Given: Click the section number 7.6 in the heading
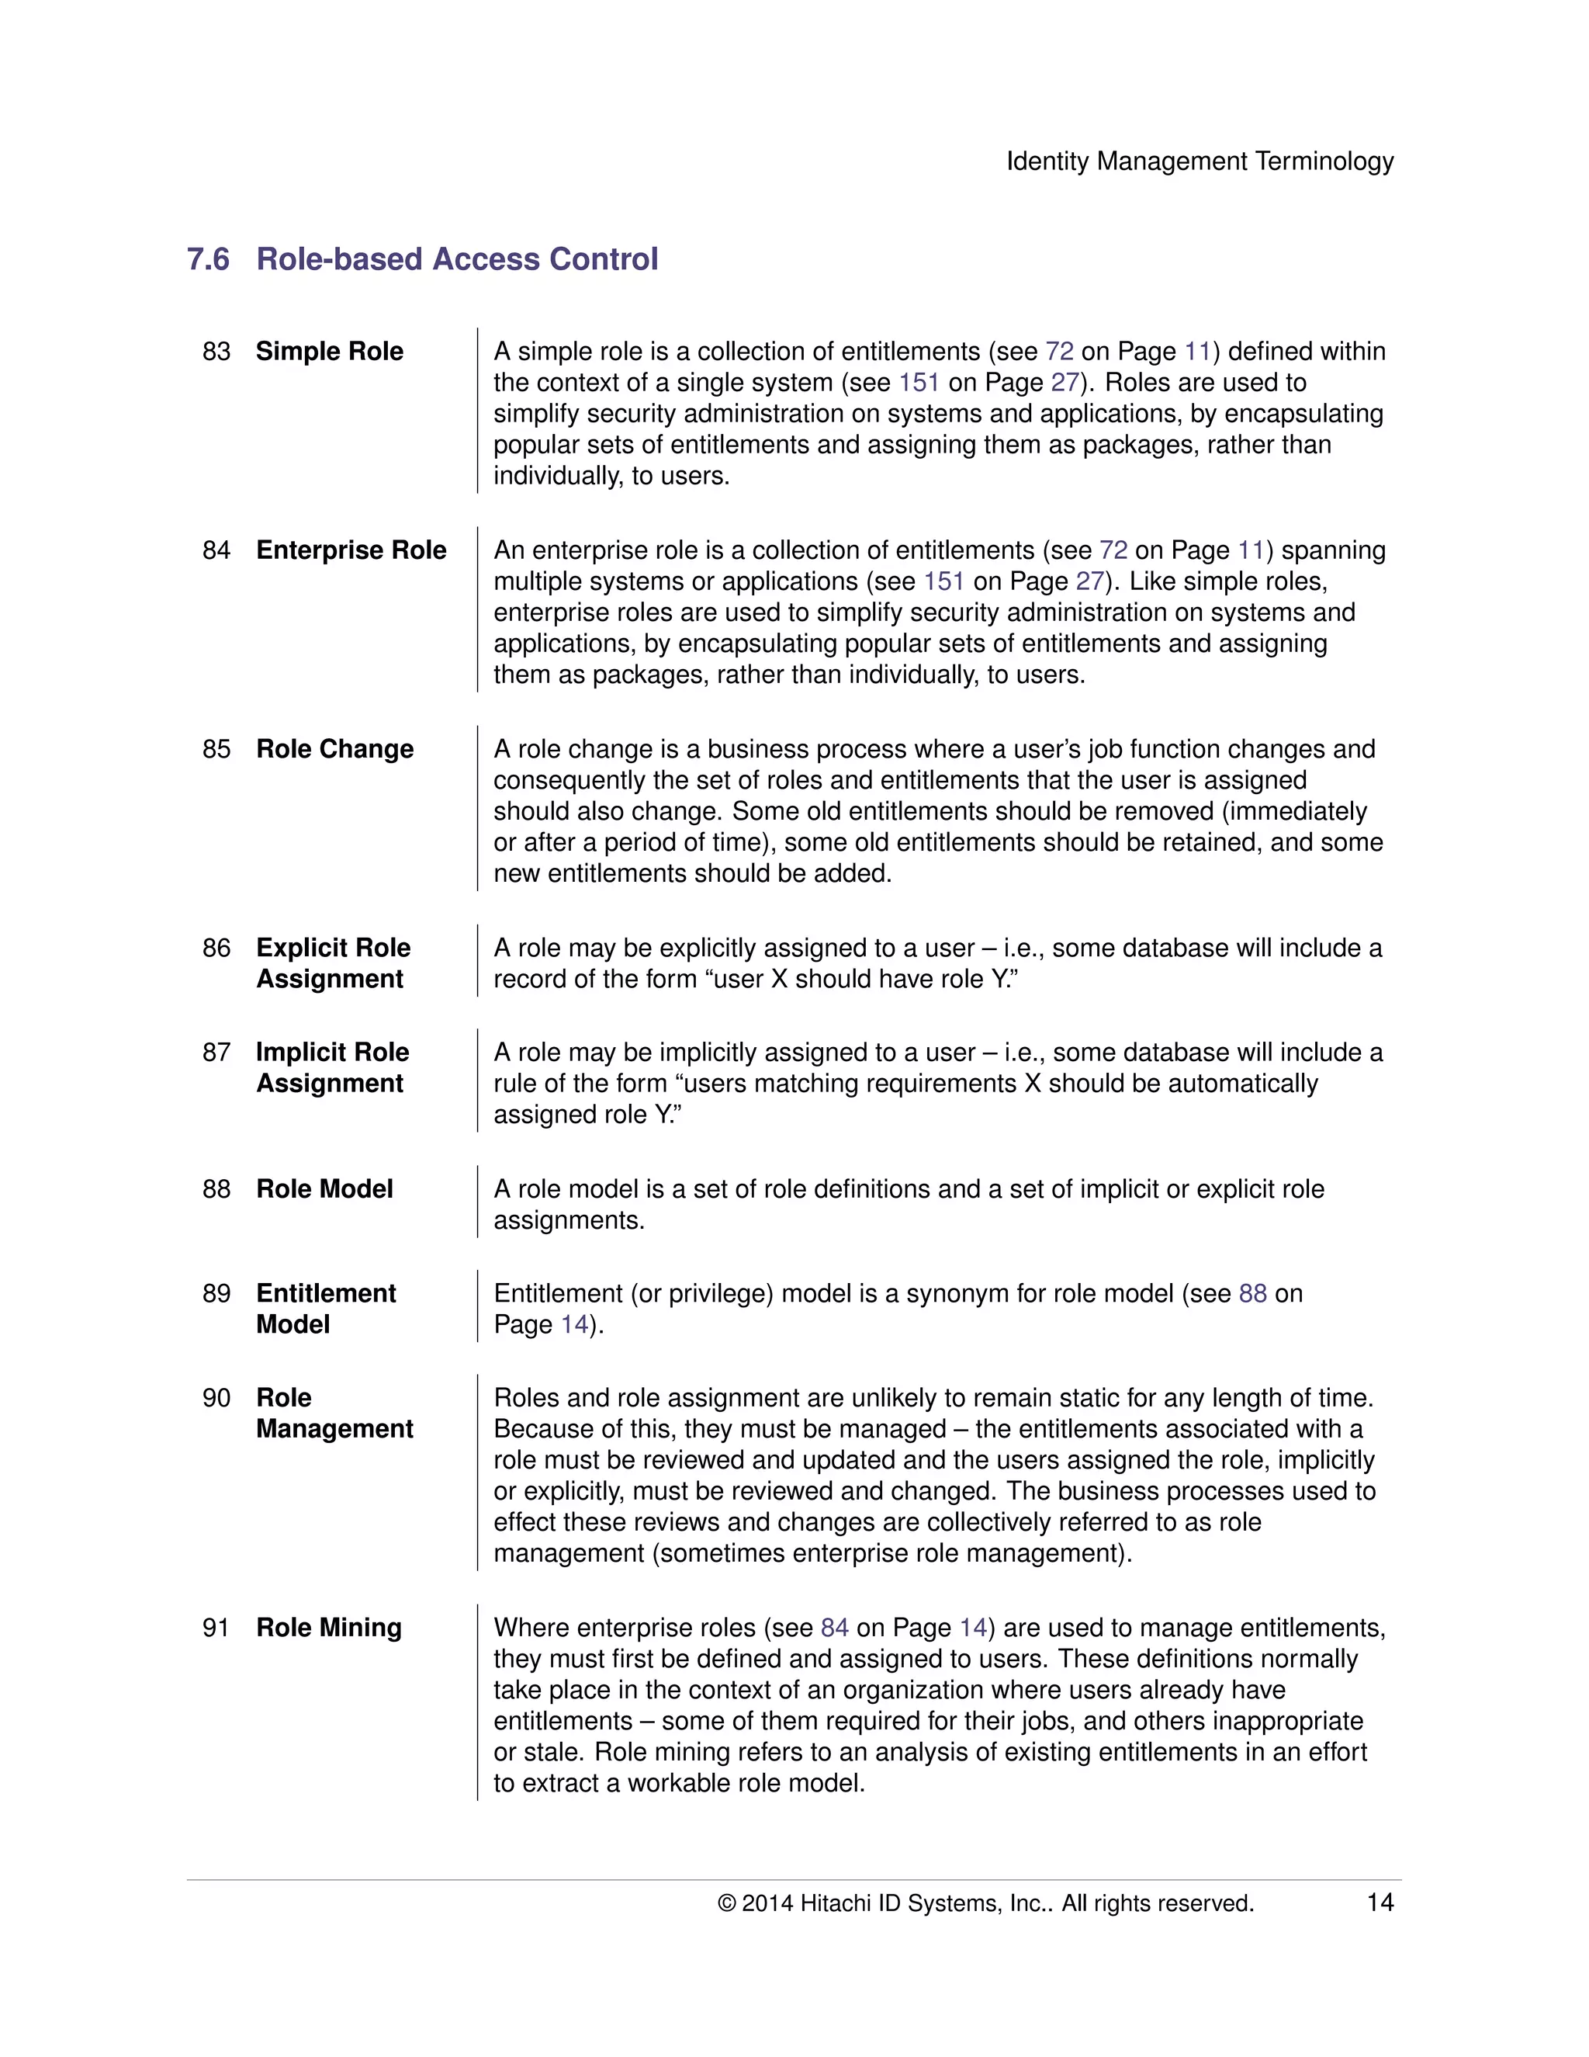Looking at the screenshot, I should point(208,259).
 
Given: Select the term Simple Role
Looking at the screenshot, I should point(330,352).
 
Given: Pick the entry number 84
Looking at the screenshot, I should point(216,550).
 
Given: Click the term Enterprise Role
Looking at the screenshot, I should point(351,550).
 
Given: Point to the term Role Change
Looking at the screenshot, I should point(335,749).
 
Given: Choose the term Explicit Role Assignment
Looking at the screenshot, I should point(333,963).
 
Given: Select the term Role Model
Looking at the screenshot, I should point(325,1188).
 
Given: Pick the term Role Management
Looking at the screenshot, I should point(334,1413).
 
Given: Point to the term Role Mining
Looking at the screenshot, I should point(328,1628).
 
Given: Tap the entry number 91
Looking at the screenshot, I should point(216,1628).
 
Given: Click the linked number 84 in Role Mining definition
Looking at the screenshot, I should point(834,1628).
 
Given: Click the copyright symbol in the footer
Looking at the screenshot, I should point(727,1903).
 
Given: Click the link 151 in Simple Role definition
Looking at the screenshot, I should point(919,383).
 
